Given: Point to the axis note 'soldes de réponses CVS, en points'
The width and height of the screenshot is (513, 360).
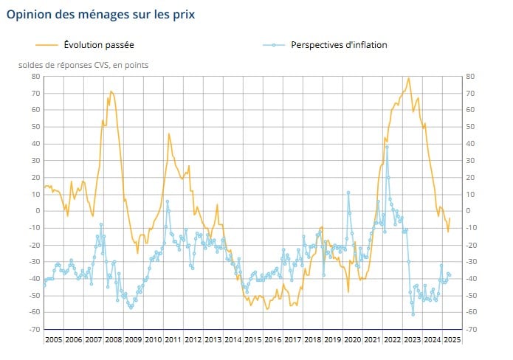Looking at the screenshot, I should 83,64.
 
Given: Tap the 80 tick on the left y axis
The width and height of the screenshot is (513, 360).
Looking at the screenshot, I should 34,77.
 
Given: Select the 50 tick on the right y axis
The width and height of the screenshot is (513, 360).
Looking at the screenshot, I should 470,127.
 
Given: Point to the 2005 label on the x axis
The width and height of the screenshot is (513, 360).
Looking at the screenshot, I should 53,339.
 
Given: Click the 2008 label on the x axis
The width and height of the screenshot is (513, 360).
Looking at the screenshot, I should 114,339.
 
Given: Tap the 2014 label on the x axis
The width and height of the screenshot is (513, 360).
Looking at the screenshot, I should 233,339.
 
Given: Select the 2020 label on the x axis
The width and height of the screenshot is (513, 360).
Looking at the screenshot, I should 352,339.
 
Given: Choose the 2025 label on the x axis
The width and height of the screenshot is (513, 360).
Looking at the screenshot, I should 452,339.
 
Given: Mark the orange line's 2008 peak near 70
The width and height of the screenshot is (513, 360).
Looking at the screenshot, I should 111,91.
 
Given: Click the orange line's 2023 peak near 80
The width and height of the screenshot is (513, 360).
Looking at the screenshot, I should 408,77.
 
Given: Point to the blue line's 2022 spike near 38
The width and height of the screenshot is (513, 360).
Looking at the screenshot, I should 387,146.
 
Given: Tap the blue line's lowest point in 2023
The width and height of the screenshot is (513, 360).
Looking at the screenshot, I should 413,315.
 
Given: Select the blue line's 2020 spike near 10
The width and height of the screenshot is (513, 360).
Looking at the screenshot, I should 348,193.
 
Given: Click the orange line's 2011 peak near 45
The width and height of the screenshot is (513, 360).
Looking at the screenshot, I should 168,134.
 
